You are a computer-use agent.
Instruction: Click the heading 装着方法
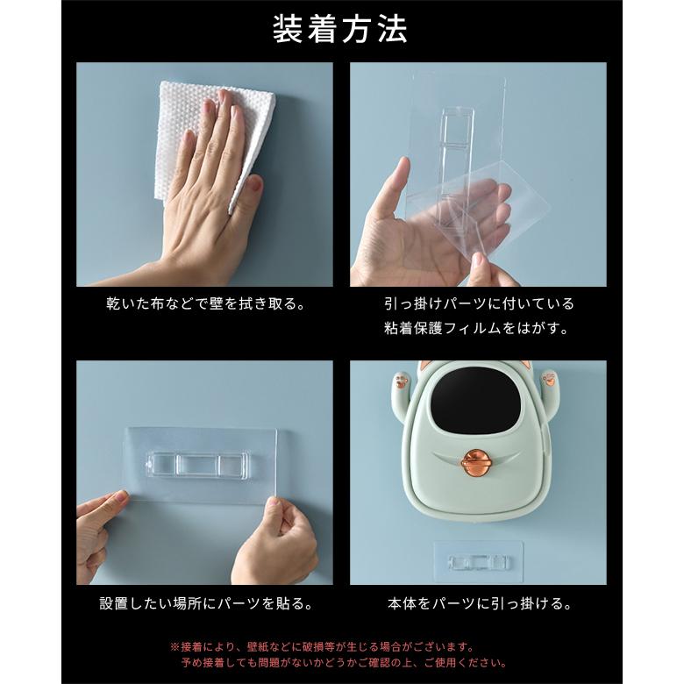pos(340,29)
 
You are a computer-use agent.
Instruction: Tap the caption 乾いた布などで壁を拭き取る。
pos(204,304)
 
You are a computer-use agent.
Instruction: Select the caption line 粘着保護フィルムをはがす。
pos(478,329)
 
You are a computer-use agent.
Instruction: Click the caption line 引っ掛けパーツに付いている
pos(478,304)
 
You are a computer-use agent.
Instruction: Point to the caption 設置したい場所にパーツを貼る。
pos(204,604)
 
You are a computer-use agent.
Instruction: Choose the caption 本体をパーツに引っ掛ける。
pos(478,604)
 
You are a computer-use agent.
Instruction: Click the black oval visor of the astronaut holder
pos(474,403)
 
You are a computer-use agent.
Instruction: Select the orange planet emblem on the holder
pos(476,463)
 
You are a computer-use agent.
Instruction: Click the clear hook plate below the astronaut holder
pos(478,562)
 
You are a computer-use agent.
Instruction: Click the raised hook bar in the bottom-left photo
pos(196,464)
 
